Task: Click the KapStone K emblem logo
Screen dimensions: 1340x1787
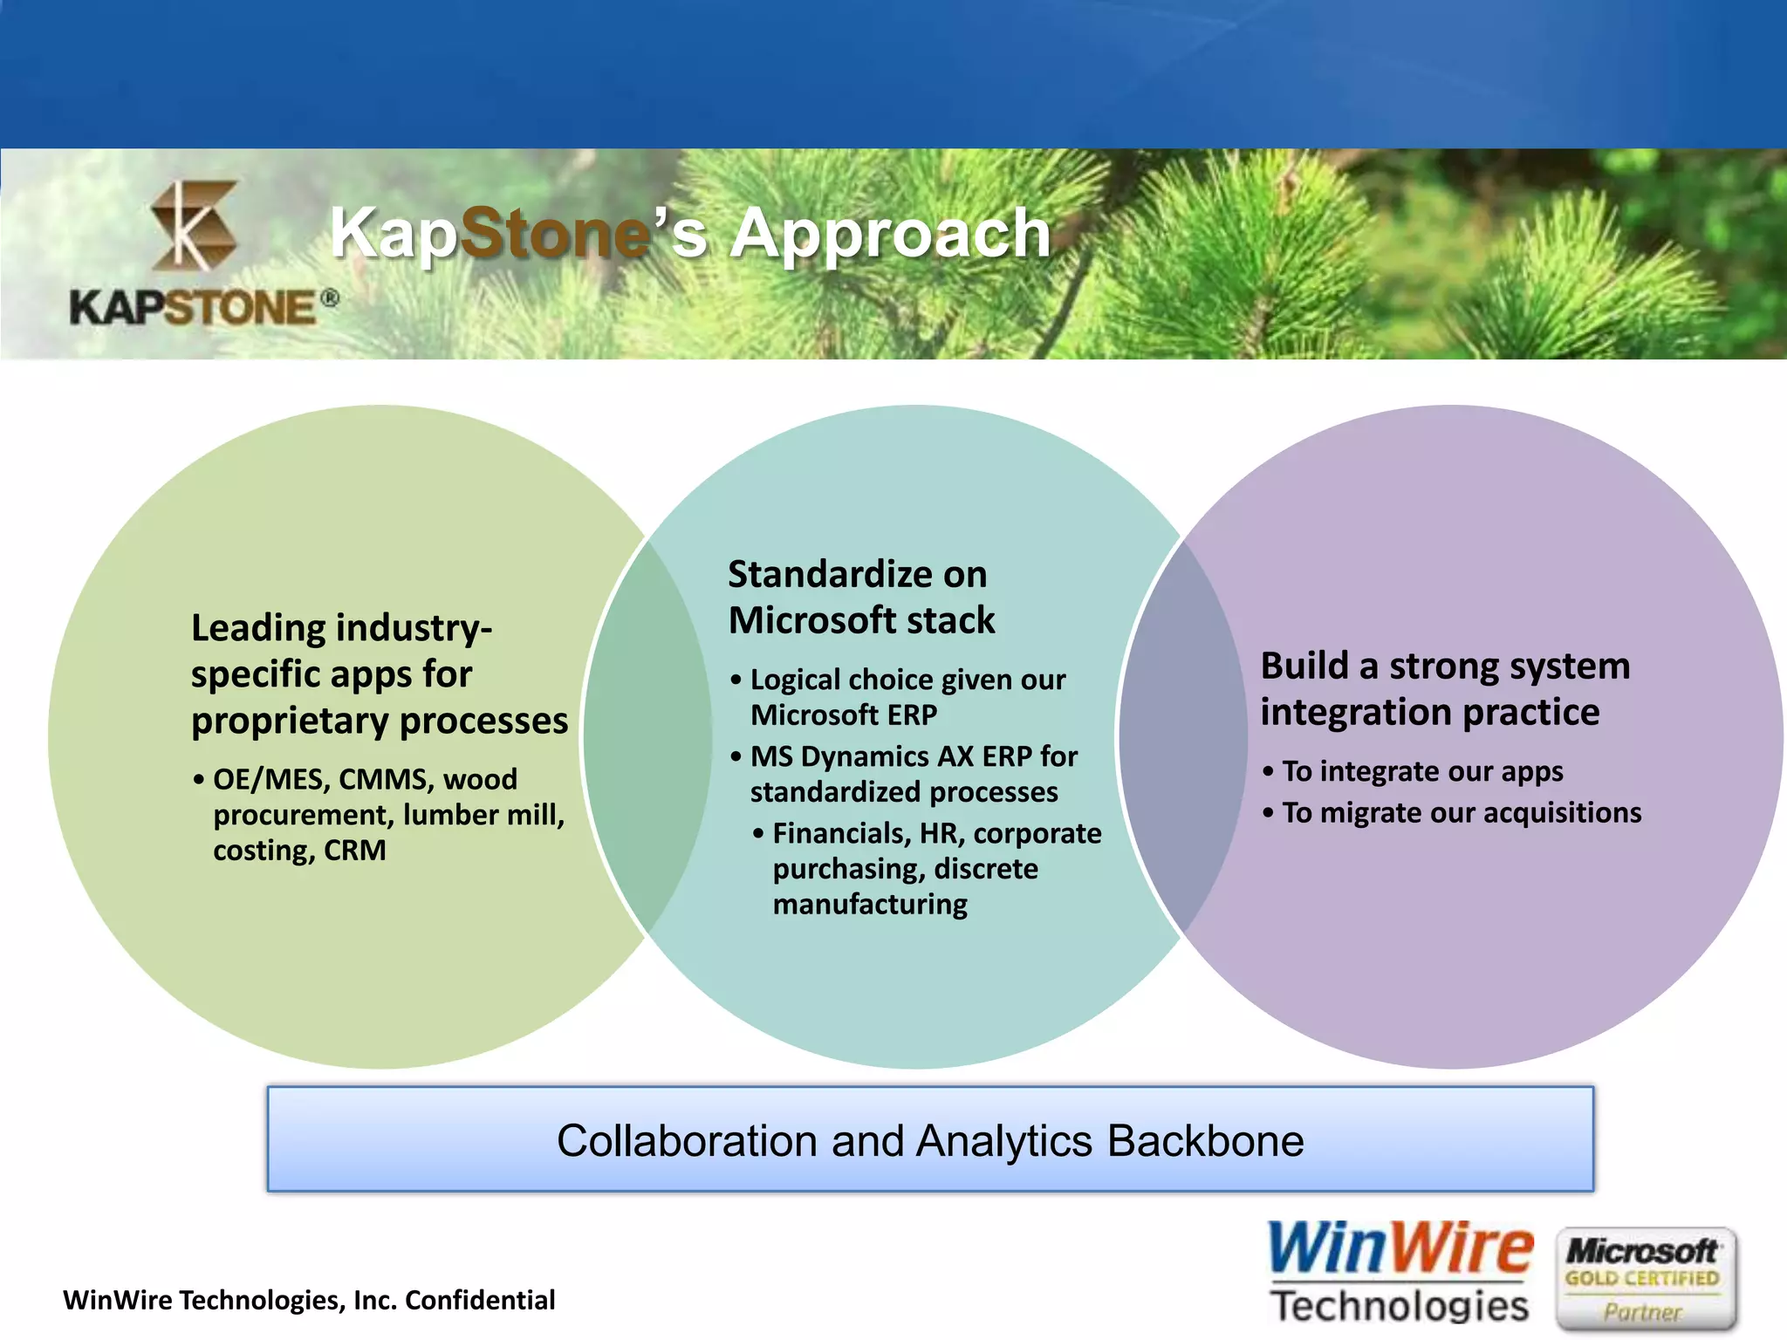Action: tap(194, 225)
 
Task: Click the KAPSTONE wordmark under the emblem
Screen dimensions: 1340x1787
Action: tap(194, 307)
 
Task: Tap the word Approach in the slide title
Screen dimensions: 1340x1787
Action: tap(890, 234)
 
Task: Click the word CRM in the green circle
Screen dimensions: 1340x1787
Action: tap(354, 851)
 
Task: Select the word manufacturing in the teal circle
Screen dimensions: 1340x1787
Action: tap(870, 905)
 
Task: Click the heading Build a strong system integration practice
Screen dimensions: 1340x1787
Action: tap(1444, 688)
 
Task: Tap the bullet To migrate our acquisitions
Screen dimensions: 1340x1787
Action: tap(1460, 813)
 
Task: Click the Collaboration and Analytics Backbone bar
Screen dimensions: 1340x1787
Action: tap(930, 1139)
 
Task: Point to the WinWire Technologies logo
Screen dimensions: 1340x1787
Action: tap(1399, 1272)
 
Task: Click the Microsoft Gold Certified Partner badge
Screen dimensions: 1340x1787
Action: tap(1644, 1278)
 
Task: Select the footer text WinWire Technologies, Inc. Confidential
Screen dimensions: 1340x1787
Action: tap(309, 1300)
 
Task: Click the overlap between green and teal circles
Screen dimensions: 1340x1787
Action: tap(647, 737)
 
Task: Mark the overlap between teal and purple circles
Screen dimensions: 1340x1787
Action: tap(1182, 737)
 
